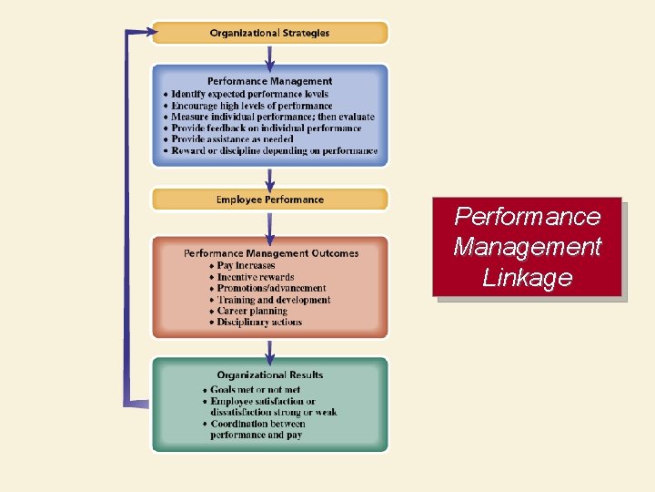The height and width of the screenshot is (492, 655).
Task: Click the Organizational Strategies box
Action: (x=269, y=33)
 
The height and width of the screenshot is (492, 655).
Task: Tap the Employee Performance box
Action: (x=269, y=200)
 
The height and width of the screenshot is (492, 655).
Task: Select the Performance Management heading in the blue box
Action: (x=269, y=81)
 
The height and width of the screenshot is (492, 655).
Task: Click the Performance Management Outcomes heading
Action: (x=271, y=253)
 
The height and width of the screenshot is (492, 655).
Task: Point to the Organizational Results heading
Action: (x=269, y=374)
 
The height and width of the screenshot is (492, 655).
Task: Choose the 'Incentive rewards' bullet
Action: (x=256, y=277)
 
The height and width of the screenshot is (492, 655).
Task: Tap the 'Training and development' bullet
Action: (x=274, y=300)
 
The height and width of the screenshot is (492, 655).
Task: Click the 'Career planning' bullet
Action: (x=252, y=311)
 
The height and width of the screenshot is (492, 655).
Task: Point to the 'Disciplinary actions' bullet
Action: (x=259, y=322)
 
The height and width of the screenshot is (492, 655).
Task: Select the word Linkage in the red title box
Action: (x=527, y=277)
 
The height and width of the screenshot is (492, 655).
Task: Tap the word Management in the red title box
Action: (x=527, y=246)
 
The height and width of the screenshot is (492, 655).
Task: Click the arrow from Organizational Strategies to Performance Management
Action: (x=269, y=54)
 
